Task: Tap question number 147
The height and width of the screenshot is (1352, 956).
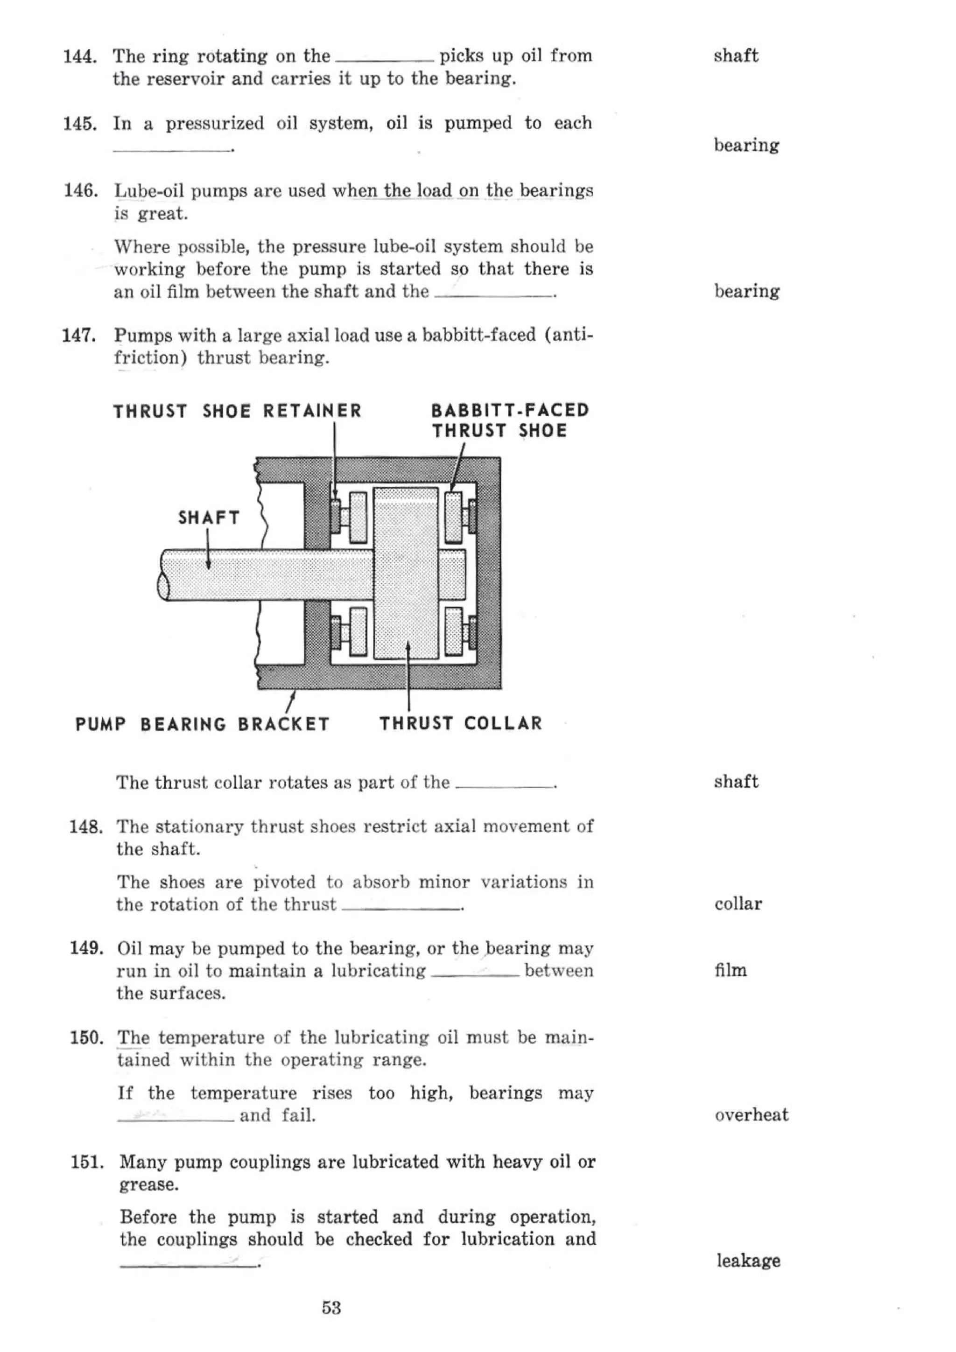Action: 79,336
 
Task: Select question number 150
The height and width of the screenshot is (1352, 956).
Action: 86,1037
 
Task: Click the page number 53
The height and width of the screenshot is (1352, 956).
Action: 331,1308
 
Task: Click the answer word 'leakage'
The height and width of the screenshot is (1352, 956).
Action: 748,1260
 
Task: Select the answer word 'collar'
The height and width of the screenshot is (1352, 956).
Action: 738,904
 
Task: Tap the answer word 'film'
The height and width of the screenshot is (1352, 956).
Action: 731,970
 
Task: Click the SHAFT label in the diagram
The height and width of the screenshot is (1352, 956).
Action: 209,518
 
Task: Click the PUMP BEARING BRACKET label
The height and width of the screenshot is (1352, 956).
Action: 202,724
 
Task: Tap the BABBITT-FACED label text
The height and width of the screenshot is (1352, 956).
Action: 510,410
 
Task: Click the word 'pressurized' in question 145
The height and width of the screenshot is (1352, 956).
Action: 214,124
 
